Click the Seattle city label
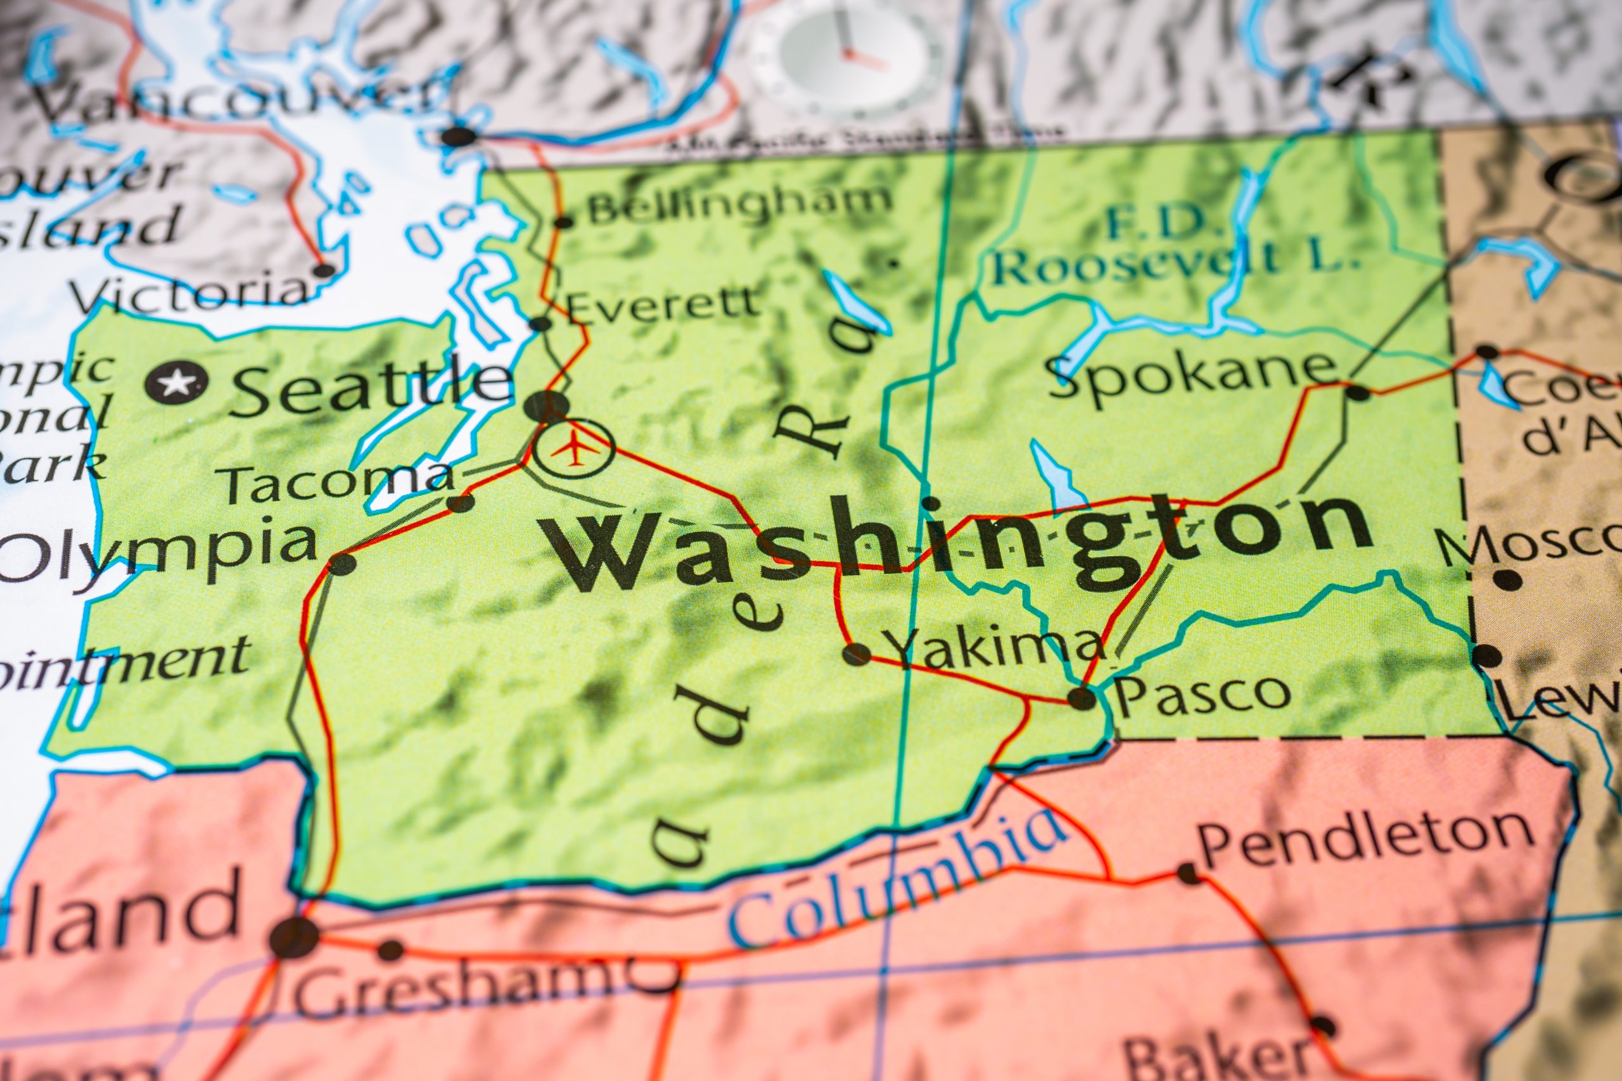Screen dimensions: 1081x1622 (x=373, y=389)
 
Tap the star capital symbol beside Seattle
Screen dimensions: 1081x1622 (x=177, y=381)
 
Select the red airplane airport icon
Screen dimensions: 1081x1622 (x=573, y=448)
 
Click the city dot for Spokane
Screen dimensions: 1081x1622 (x=1357, y=393)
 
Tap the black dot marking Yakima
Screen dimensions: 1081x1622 (x=857, y=653)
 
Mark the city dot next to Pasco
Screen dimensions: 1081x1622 (x=1082, y=698)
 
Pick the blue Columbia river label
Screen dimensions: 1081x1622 (x=897, y=876)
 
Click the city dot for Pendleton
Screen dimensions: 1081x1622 (x=1188, y=873)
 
